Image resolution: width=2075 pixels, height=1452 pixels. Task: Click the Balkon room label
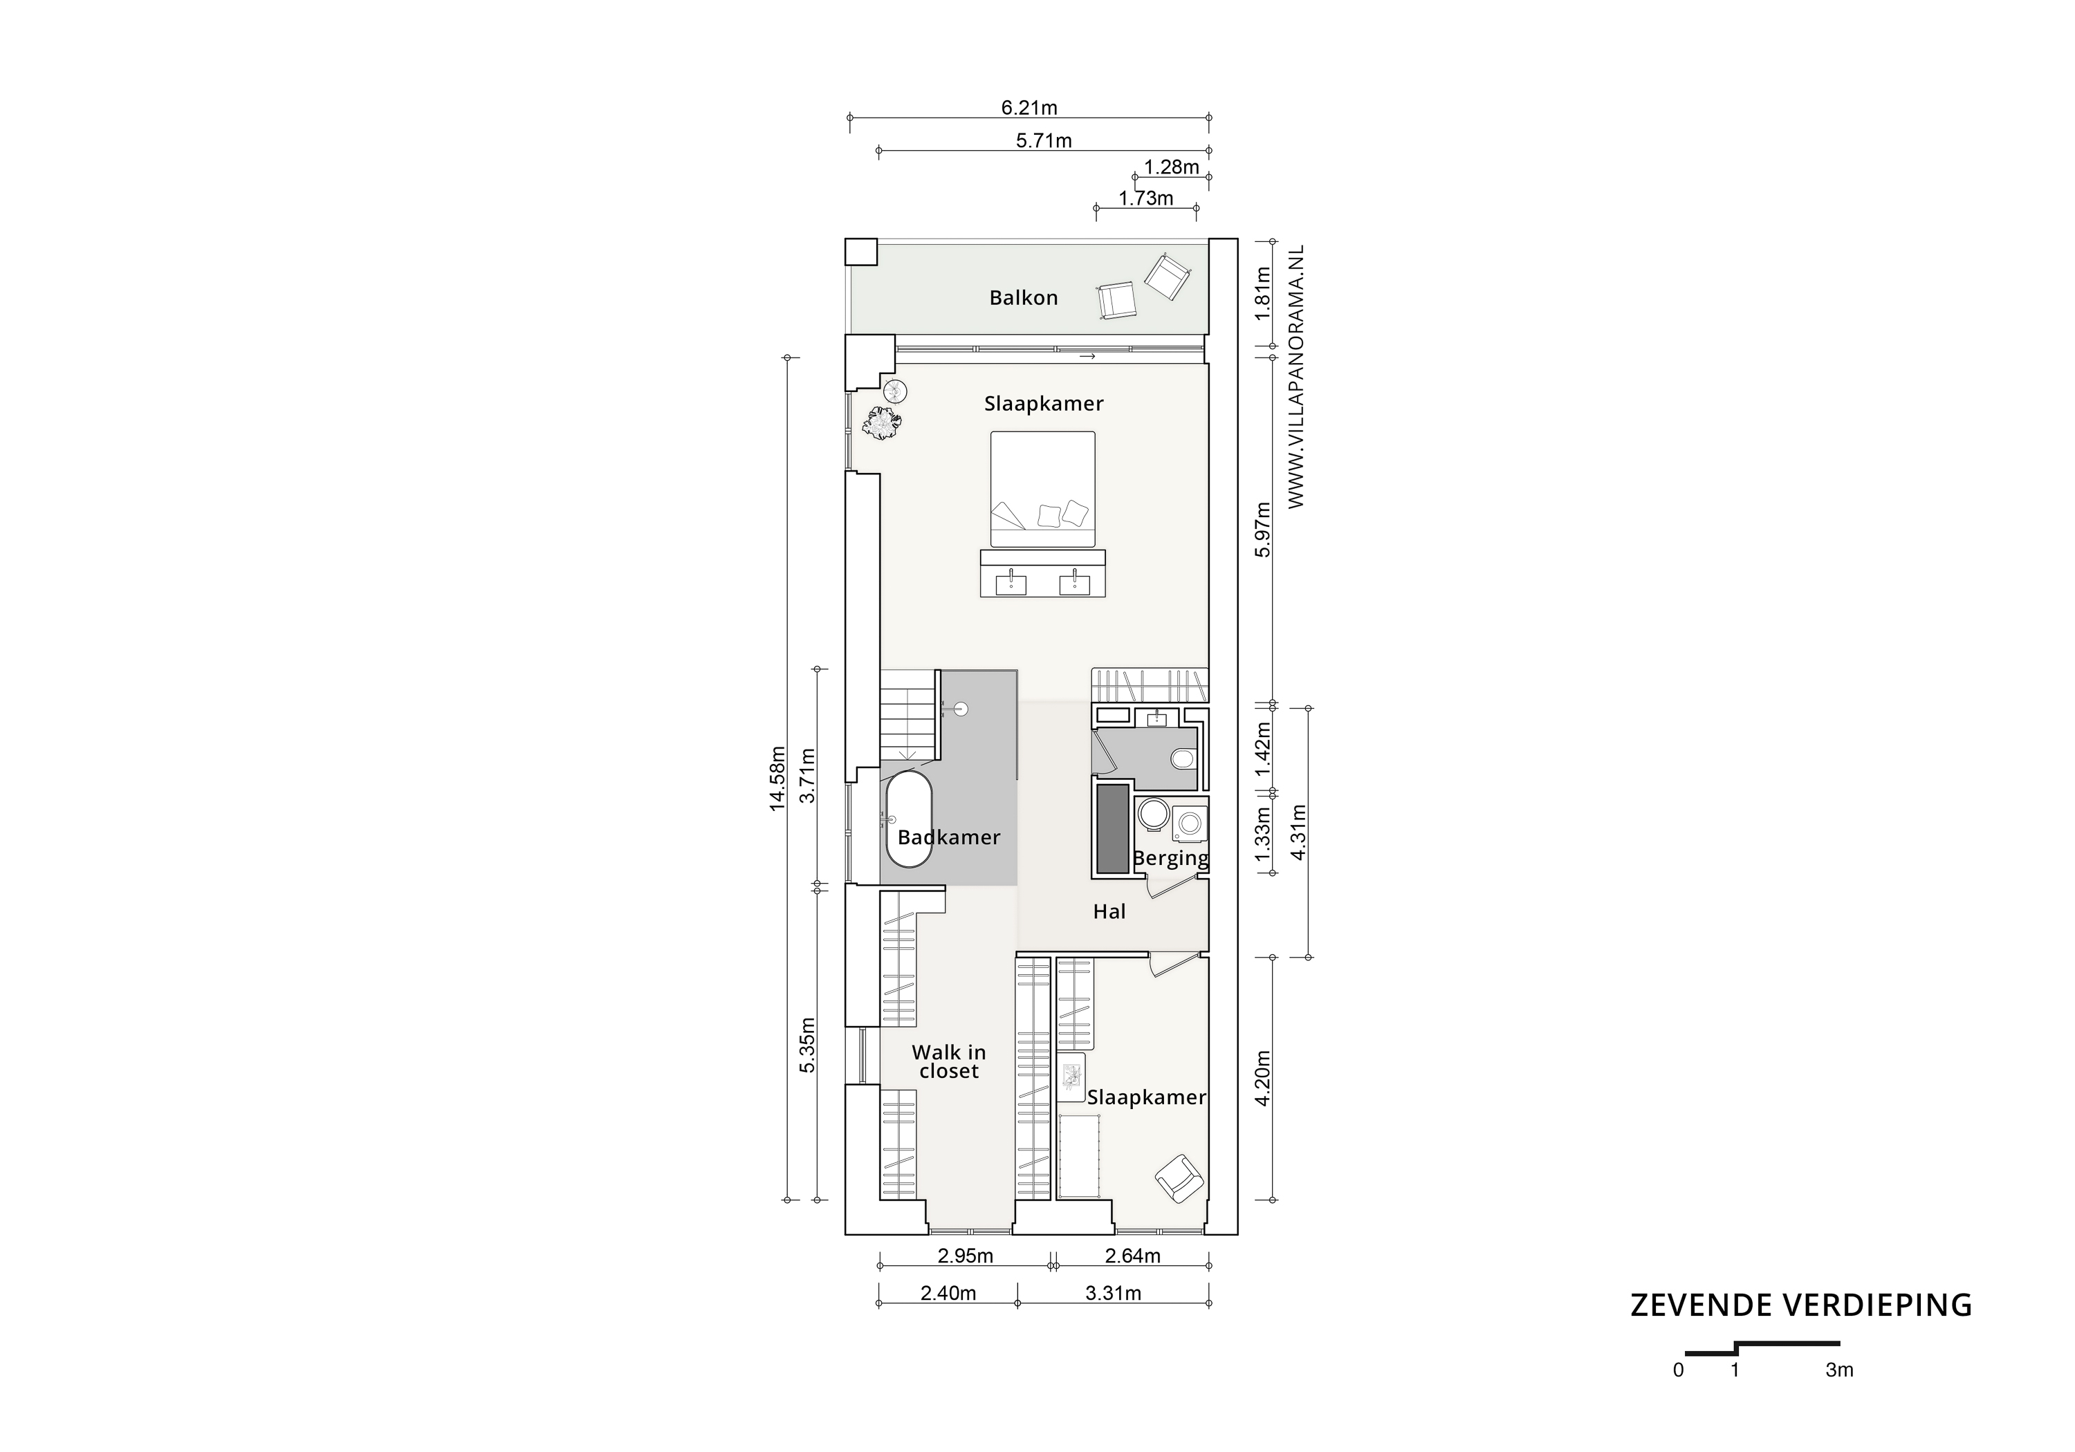tap(1023, 298)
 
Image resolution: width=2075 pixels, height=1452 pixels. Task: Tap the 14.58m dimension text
tap(777, 778)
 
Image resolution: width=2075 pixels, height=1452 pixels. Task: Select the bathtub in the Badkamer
tap(908, 819)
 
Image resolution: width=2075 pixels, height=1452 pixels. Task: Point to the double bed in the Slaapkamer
tap(1043, 489)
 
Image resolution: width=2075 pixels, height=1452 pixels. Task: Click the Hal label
tap(1109, 912)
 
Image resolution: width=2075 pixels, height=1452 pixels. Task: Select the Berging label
tap(1170, 858)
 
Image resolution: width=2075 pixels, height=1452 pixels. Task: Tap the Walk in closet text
tap(949, 1061)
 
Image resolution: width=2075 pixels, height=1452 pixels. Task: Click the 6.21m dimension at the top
tap(1029, 108)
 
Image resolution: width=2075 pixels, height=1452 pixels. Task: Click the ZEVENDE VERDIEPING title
tap(1800, 1305)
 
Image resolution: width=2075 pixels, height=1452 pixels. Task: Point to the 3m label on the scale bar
tap(1839, 1370)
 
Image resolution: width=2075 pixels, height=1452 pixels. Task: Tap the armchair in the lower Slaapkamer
tap(1179, 1178)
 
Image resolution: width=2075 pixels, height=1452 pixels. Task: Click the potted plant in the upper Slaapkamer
tap(882, 423)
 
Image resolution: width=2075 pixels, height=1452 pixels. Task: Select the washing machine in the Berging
tap(1190, 823)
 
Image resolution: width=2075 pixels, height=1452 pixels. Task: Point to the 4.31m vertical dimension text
tap(1299, 831)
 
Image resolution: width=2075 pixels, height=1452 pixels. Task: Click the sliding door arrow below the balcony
tap(1087, 357)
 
